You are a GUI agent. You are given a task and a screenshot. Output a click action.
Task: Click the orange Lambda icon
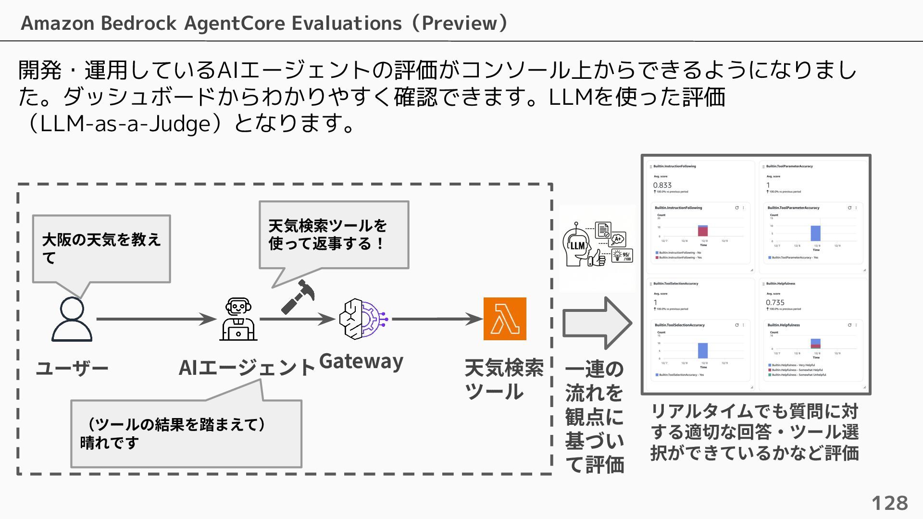click(504, 319)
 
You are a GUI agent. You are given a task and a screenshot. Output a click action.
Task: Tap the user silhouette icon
click(72, 319)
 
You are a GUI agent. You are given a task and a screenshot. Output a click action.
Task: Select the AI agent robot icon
click(238, 319)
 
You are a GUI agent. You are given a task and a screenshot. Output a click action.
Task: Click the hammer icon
click(298, 297)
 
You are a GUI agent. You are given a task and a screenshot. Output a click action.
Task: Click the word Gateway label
click(361, 361)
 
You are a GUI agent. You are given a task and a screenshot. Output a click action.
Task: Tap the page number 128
click(889, 503)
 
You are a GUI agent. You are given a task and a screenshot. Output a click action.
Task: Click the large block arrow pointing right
click(597, 323)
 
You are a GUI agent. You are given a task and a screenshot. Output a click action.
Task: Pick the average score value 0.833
click(662, 185)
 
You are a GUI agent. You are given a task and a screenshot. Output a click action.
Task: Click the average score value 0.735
click(775, 302)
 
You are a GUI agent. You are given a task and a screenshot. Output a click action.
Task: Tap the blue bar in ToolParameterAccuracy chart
click(815, 233)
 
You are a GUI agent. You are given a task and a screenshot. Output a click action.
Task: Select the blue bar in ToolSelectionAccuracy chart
click(702, 350)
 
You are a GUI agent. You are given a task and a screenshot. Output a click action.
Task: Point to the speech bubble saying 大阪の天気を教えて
click(101, 248)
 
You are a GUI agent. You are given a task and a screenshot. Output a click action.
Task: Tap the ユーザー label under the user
click(72, 369)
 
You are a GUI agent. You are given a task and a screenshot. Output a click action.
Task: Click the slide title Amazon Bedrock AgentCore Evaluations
click(264, 23)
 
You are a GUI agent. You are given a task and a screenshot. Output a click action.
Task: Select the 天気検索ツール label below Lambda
click(503, 380)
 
